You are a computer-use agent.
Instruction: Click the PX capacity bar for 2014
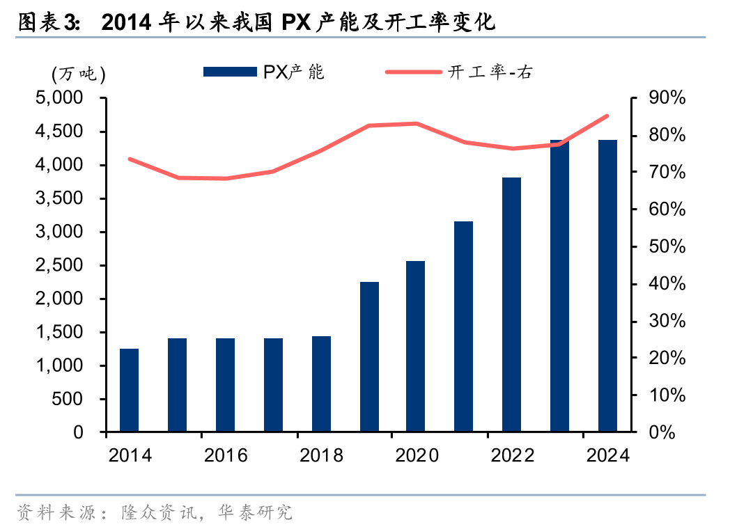129,390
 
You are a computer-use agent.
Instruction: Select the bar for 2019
369,357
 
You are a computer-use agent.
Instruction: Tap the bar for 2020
416,347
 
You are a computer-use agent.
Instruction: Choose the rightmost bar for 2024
607,286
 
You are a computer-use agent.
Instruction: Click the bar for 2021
464,327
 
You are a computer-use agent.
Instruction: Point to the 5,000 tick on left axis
59,99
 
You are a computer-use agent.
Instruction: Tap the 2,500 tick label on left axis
59,266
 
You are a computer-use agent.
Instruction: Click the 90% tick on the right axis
667,99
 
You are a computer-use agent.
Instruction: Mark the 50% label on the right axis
667,247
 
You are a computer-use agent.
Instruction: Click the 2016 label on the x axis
226,456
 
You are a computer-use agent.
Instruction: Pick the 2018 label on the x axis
321,456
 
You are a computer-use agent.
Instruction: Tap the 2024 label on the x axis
608,456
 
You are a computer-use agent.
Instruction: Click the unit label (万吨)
78,72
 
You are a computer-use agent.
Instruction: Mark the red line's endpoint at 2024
607,116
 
